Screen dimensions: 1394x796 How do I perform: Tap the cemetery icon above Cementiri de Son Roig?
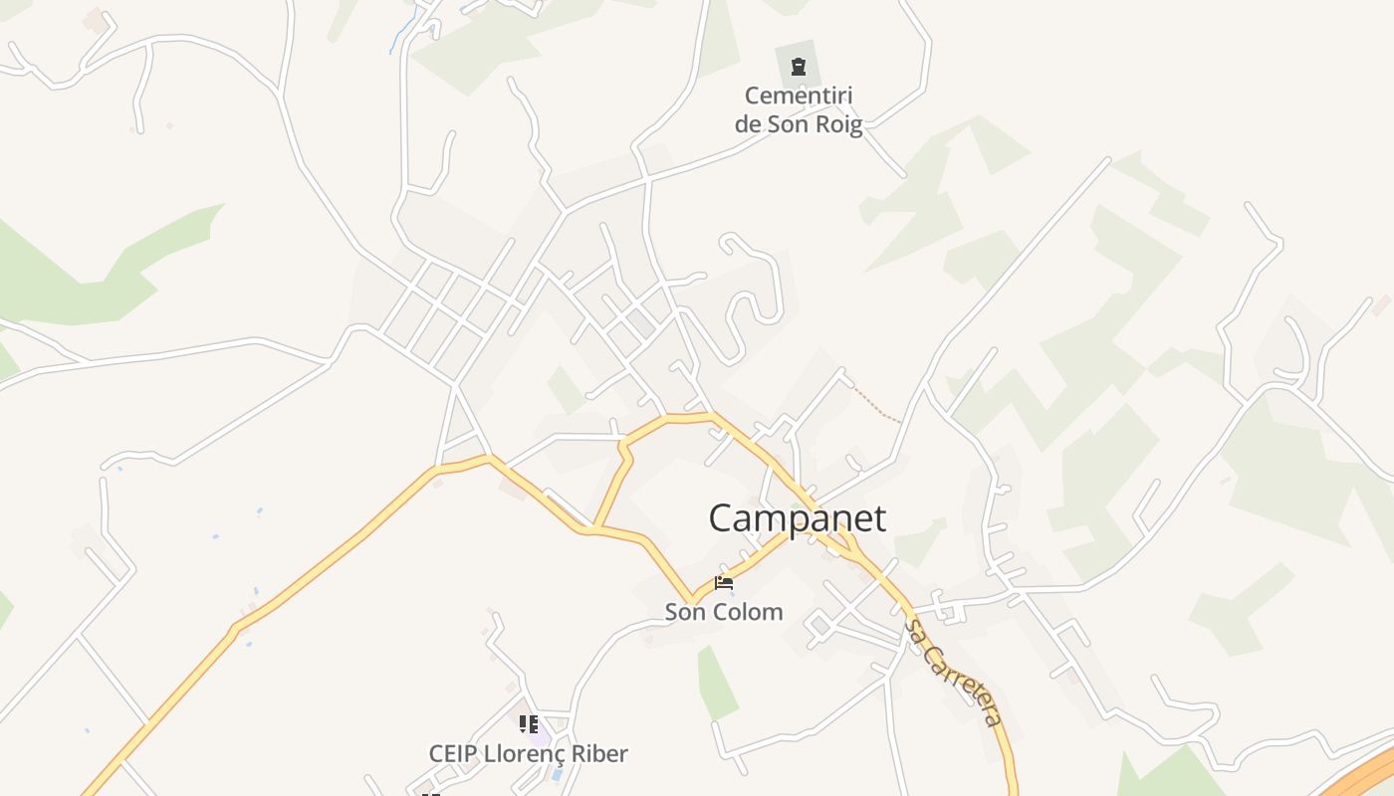(x=798, y=67)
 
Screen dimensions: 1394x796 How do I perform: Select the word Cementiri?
(x=799, y=97)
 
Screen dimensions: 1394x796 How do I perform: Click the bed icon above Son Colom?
(x=724, y=583)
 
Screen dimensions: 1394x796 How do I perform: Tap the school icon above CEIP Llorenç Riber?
(x=529, y=724)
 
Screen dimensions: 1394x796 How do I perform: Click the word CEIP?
(x=454, y=754)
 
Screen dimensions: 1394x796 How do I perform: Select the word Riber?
(x=598, y=754)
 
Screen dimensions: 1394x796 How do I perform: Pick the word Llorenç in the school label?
(x=527, y=754)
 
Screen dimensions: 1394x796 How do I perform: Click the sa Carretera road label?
(x=952, y=672)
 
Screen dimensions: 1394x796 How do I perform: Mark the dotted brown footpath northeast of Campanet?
(x=876, y=403)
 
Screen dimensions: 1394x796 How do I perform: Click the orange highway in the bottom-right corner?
(x=1364, y=776)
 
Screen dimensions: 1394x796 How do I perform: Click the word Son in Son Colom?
(x=685, y=612)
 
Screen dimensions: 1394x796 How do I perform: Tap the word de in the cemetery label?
(x=748, y=124)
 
